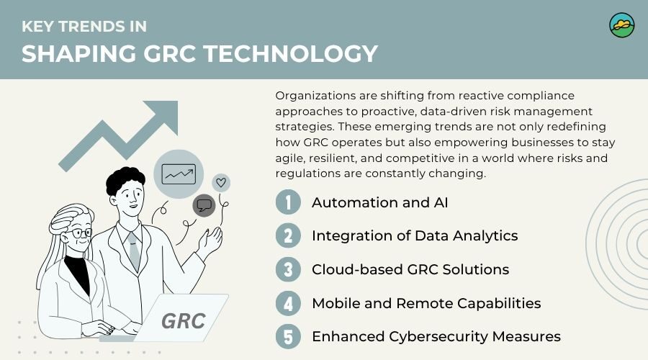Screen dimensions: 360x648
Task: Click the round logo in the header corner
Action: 621,24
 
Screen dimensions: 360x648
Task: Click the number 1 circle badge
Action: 288,202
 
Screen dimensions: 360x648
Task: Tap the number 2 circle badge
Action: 288,236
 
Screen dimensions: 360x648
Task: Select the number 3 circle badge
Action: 288,269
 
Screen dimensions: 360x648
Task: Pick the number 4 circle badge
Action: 288,303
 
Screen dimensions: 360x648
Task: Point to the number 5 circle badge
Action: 288,336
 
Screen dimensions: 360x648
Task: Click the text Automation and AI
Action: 379,202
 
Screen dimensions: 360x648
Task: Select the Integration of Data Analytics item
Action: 414,236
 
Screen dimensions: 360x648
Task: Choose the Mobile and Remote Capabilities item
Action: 426,303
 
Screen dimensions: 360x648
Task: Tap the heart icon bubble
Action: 222,182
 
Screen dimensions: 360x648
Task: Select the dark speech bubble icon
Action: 204,205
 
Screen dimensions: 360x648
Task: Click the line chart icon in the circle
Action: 179,174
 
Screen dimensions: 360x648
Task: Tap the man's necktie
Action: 133,248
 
